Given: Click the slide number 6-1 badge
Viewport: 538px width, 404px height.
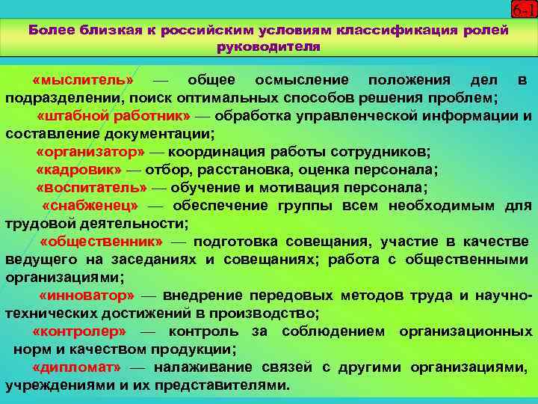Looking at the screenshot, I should (522, 10).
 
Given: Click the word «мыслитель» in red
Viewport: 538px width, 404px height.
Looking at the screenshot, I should (83, 80).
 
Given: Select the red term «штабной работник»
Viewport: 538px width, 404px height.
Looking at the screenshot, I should (114, 116).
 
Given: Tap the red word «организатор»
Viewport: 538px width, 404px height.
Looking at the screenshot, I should (90, 152).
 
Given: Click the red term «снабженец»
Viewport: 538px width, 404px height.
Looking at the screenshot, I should (90, 205).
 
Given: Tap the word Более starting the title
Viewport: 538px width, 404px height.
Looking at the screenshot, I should (51, 31).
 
